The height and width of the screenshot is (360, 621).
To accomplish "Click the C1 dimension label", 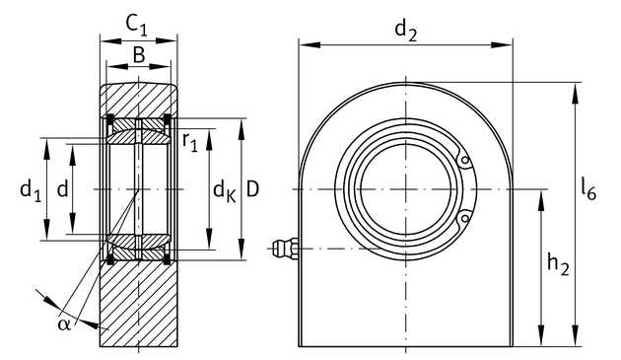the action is click(137, 25).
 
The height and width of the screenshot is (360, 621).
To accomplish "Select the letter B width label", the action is click(139, 55).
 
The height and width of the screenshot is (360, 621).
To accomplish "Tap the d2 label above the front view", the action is click(406, 31).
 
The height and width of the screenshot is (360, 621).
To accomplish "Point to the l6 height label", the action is click(588, 189).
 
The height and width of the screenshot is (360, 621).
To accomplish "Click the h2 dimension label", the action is click(558, 264).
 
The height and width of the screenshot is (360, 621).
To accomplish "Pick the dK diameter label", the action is click(224, 190).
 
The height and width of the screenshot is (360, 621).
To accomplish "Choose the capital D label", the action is click(252, 188).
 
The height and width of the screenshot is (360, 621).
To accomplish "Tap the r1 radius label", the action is click(189, 142).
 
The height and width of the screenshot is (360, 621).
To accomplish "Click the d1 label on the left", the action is click(31, 190).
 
